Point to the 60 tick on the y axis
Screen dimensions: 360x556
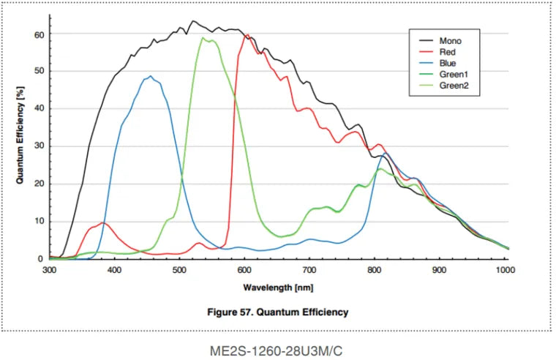(40, 34)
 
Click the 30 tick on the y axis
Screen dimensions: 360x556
(40, 146)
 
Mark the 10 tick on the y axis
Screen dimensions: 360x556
(40, 221)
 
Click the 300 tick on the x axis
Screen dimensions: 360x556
(50, 270)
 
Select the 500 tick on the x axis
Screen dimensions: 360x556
(180, 270)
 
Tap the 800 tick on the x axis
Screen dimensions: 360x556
(375, 270)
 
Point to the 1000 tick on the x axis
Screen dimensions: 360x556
(505, 270)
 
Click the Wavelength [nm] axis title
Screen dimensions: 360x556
(278, 288)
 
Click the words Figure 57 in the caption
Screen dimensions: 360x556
(233, 312)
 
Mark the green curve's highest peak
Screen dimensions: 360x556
(203, 37)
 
